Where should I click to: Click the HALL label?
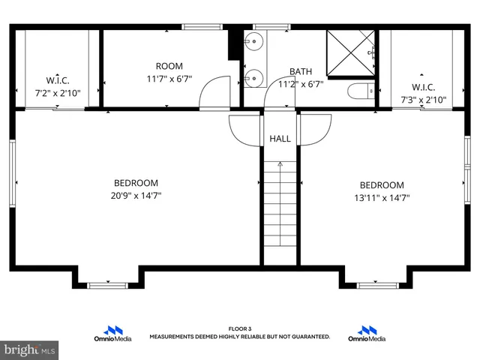(x=280, y=139)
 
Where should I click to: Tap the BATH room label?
(x=301, y=72)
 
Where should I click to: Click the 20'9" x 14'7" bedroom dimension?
(x=136, y=196)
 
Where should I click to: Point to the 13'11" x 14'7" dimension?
(x=381, y=198)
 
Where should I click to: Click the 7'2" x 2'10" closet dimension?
(x=58, y=94)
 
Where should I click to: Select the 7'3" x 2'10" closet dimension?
(x=423, y=99)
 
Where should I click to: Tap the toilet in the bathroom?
(x=360, y=92)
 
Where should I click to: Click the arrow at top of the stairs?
(x=280, y=163)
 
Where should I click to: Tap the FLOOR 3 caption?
(x=239, y=329)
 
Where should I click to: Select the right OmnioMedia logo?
(x=367, y=334)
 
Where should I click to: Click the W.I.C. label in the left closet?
(x=58, y=80)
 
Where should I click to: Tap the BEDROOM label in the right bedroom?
(x=381, y=185)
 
